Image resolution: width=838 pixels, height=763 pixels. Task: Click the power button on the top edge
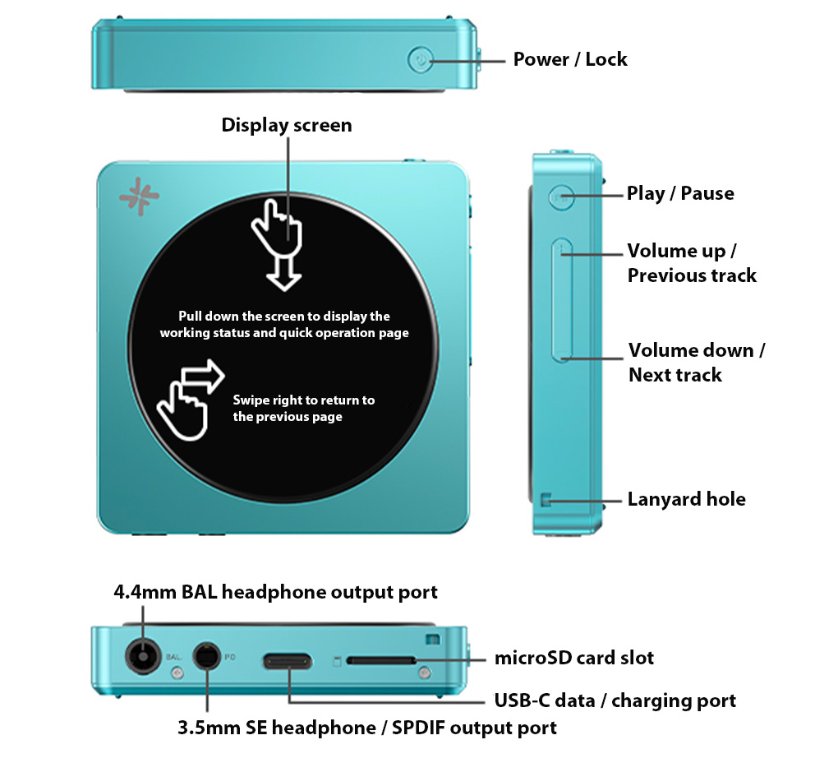pyautogui.click(x=421, y=60)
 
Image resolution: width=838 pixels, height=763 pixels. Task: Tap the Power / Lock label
pyautogui.click(x=569, y=59)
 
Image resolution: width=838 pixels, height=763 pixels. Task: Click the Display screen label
pyautogui.click(x=287, y=125)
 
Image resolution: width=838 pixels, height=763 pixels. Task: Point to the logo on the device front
pyautogui.click(x=139, y=197)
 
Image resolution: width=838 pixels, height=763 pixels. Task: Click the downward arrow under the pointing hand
pyautogui.click(x=283, y=273)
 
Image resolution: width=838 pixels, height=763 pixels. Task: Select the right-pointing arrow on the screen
pyautogui.click(x=203, y=376)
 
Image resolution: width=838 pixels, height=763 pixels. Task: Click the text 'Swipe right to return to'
pyautogui.click(x=303, y=400)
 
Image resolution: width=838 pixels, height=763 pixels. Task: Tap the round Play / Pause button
pyautogui.click(x=561, y=197)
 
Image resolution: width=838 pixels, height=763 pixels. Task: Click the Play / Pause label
pyautogui.click(x=680, y=193)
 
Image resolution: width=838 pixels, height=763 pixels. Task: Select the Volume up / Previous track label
pyautogui.click(x=692, y=263)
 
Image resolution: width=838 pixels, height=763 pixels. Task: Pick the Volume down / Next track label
pyautogui.click(x=697, y=363)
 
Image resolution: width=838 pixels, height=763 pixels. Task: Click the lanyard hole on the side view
pyautogui.click(x=546, y=499)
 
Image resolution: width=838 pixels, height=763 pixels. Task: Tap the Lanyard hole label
pyautogui.click(x=686, y=499)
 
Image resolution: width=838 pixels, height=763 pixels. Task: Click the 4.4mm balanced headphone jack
pyautogui.click(x=143, y=656)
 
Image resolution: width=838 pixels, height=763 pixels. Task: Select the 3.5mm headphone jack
pyautogui.click(x=206, y=656)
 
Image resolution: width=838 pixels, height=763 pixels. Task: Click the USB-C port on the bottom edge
pyautogui.click(x=287, y=662)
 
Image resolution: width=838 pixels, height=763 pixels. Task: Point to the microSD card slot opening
pyautogui.click(x=381, y=661)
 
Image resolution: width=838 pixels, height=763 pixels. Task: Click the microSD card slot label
pyautogui.click(x=574, y=658)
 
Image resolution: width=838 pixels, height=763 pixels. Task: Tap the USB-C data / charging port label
pyautogui.click(x=615, y=701)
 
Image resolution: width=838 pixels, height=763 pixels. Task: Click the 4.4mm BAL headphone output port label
pyautogui.click(x=276, y=592)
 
